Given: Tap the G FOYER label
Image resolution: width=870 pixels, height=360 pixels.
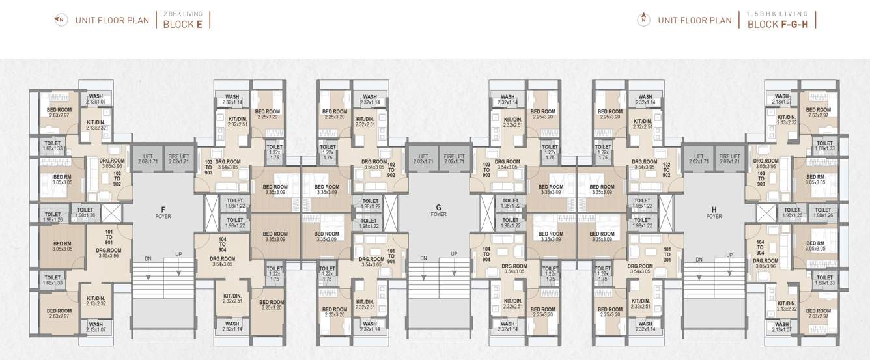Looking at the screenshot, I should click(x=438, y=210).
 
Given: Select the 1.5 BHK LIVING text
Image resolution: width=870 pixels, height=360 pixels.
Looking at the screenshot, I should click(x=777, y=13).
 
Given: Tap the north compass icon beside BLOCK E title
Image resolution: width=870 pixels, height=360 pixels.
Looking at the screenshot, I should click(x=60, y=20).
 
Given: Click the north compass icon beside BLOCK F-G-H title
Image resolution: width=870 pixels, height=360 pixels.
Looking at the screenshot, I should click(x=643, y=20).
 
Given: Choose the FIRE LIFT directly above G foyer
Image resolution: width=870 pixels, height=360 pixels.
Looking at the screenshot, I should click(x=454, y=159).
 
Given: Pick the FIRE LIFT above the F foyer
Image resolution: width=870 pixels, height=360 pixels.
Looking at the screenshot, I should click(x=178, y=159).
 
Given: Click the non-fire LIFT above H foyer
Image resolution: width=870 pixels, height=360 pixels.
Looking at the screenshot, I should click(x=699, y=159).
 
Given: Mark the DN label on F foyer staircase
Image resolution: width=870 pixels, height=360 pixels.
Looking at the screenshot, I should click(x=148, y=258).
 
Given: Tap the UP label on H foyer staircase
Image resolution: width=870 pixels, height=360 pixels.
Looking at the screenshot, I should click(x=729, y=255).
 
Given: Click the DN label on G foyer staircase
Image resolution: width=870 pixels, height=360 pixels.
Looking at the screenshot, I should click(x=423, y=258).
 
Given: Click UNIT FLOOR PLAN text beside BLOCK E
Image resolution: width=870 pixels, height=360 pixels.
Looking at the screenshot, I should click(x=112, y=20).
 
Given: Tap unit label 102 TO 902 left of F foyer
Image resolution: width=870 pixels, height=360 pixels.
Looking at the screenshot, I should click(x=117, y=179).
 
